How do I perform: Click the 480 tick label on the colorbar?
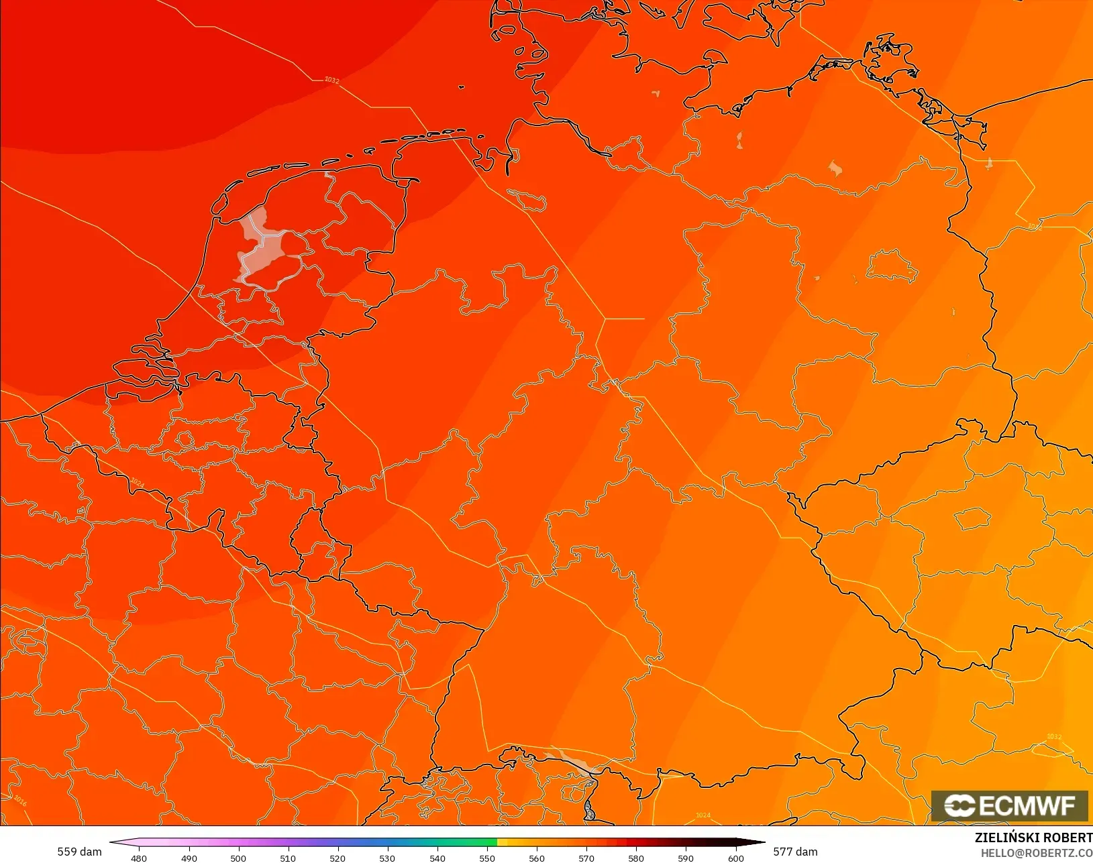[x=139, y=858]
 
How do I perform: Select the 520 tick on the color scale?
[x=337, y=858]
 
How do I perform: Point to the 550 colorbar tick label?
[x=487, y=858]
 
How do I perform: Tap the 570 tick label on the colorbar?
[x=586, y=858]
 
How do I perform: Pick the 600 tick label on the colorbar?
[x=735, y=858]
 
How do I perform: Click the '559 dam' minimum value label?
[x=79, y=852]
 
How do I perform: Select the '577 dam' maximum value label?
[x=795, y=852]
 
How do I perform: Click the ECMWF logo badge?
[x=1009, y=805]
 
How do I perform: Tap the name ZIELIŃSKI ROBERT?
[x=1033, y=838]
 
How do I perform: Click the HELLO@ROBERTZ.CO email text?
[x=1037, y=853]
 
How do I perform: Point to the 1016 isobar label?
[x=20, y=801]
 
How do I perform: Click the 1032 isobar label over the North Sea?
[x=332, y=80]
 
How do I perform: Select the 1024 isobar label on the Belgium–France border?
[x=137, y=483]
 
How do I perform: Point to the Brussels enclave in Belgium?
[x=185, y=440]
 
